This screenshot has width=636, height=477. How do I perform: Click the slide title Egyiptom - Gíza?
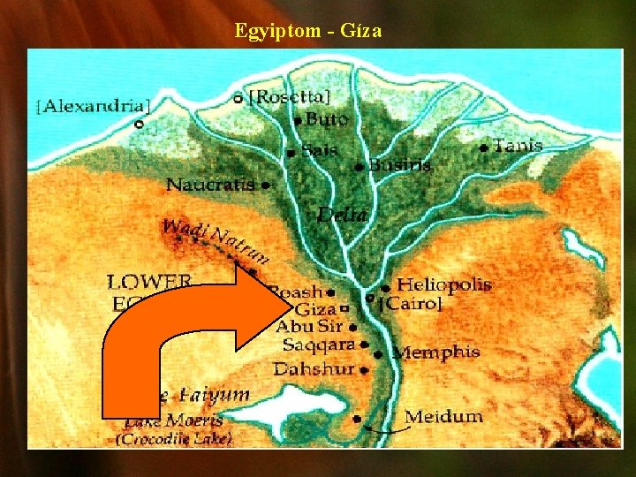(x=308, y=31)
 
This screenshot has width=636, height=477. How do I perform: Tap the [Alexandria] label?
(x=93, y=106)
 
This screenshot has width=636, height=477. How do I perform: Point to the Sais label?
(x=319, y=150)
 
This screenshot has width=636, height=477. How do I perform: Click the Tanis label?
(x=518, y=146)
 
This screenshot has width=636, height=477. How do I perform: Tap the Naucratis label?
(x=210, y=185)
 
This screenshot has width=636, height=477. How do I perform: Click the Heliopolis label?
(x=443, y=285)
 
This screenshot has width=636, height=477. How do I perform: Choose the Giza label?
(x=315, y=309)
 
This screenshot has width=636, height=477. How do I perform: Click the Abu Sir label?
(x=307, y=327)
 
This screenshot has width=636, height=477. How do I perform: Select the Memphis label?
(x=436, y=352)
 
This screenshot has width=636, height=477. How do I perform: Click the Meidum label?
(x=443, y=416)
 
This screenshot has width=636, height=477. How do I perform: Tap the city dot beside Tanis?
(x=483, y=148)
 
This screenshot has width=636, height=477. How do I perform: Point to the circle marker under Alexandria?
(x=138, y=125)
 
